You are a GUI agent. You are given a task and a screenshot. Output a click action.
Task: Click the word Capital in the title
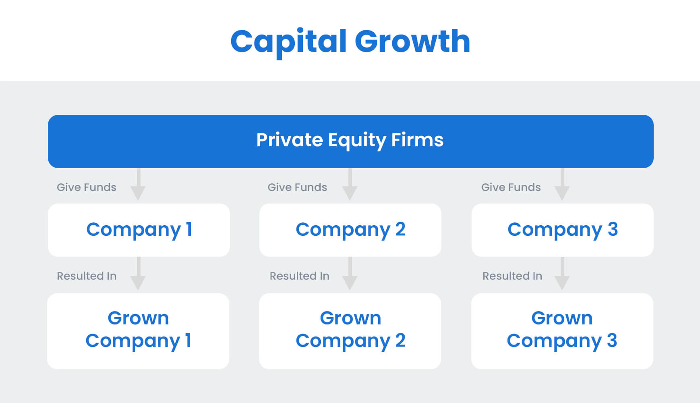[x=288, y=42]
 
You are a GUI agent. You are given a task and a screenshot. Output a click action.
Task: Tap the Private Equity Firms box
[x=350, y=141]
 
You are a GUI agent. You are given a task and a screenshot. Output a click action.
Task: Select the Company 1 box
[x=139, y=230]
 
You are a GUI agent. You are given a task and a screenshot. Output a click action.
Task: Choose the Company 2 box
[x=350, y=230]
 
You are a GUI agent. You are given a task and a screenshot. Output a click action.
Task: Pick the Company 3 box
[x=562, y=230]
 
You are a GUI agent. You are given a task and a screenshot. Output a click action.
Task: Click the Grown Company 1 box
[x=138, y=331]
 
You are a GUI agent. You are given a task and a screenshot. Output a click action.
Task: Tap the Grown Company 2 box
[x=350, y=331]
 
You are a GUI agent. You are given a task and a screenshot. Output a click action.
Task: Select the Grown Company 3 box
[x=562, y=331]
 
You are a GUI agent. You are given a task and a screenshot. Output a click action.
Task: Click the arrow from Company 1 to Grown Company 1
[x=138, y=274]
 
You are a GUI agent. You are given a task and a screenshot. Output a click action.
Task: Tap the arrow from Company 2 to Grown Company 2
[x=350, y=274]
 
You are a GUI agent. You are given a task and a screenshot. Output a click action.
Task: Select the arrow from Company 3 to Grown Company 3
[x=562, y=274]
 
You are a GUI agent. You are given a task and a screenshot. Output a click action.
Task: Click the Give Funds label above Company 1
[x=87, y=187]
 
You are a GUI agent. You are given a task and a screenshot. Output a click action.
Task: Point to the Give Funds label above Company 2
[x=297, y=187]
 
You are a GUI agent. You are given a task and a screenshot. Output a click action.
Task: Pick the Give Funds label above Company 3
[x=511, y=187]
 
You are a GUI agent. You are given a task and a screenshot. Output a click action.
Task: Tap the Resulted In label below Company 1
[x=87, y=276]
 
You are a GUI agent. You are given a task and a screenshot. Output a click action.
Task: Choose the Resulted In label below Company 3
[x=512, y=276]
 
